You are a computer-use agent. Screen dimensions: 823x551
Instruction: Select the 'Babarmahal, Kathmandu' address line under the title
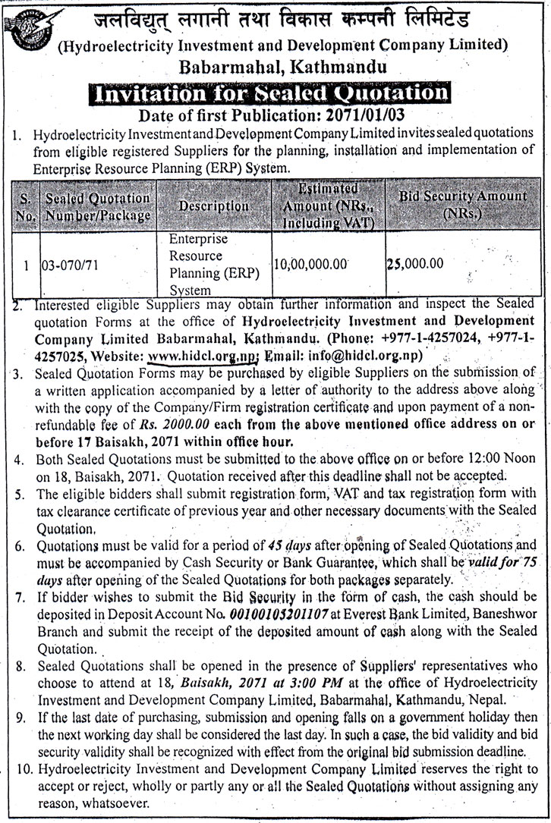[x=282, y=68]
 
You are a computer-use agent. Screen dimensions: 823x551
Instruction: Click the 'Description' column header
[x=214, y=206]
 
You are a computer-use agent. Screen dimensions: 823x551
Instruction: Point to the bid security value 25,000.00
[x=414, y=264]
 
